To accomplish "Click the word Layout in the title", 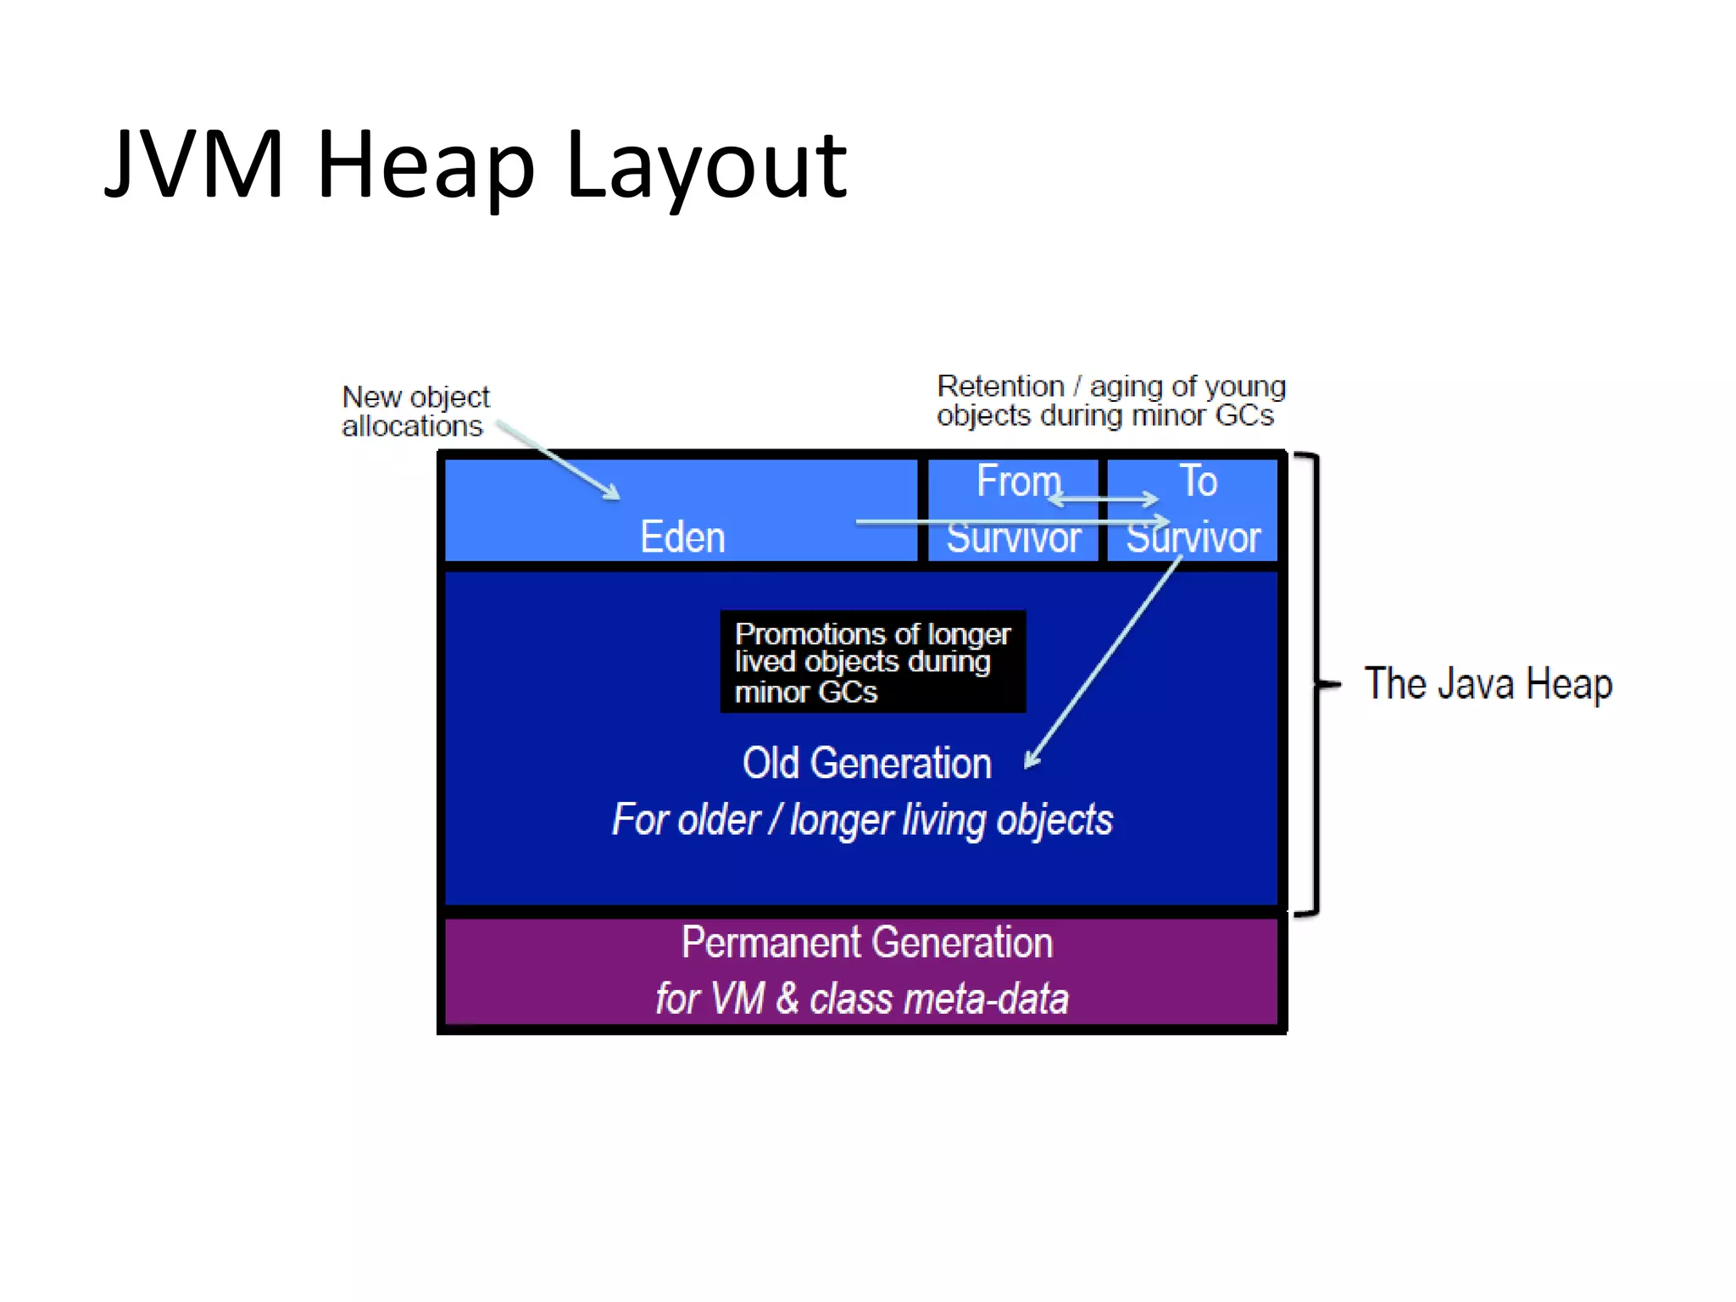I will coord(705,166).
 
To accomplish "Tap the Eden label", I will coord(682,537).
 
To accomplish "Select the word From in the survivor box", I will coord(1018,481).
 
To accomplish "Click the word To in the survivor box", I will coord(1198,481).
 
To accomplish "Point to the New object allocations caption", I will coord(415,411).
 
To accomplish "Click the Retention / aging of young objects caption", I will coord(1110,401).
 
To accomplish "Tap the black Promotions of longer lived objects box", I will coord(872,662).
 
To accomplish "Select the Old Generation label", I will coord(866,763).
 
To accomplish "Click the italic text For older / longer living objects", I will coord(862,820).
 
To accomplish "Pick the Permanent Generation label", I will coord(866,943).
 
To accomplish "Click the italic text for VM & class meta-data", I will coord(861,999).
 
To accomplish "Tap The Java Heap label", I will coord(1488,684).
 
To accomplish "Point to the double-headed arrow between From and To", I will coord(1103,499).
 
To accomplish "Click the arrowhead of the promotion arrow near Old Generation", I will coord(1031,759).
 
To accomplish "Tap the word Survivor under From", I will coord(1013,538).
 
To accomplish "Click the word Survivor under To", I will coord(1193,538).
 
